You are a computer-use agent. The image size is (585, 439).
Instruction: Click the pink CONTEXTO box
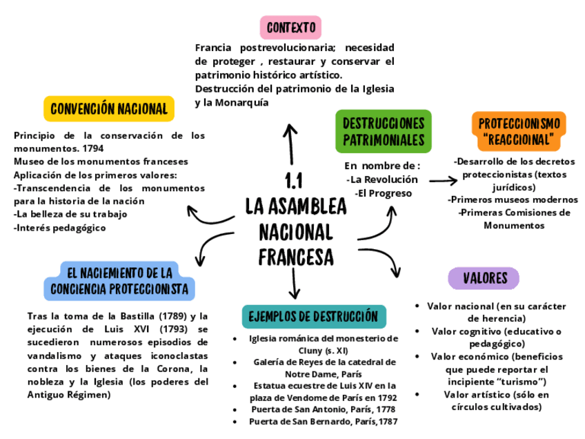point(290,28)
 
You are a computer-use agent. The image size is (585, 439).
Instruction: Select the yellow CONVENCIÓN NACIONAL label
point(109,109)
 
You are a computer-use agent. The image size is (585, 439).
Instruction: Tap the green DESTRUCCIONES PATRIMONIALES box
point(383,131)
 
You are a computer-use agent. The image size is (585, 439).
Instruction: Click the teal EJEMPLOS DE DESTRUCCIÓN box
point(314,316)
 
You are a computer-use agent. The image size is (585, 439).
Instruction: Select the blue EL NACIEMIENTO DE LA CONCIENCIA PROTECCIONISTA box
point(119,280)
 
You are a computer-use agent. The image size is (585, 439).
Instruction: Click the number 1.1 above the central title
point(295,182)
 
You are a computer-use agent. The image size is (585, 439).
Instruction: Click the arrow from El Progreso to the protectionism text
point(443,181)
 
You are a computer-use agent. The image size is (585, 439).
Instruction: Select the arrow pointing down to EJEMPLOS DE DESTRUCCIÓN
point(295,283)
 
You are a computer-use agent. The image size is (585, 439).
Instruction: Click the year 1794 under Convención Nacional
point(92,148)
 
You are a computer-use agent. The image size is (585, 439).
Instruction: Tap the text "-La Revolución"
point(382,179)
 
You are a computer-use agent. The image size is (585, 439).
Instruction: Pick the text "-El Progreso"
point(383,193)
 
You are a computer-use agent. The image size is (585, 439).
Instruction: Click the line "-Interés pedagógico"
point(60,228)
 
